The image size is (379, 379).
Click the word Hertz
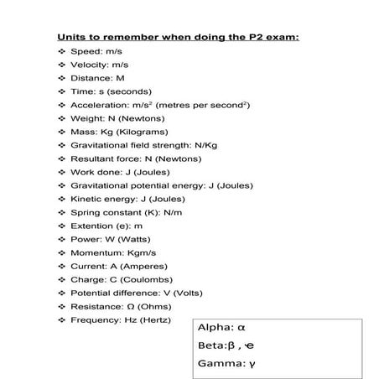click(157, 319)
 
